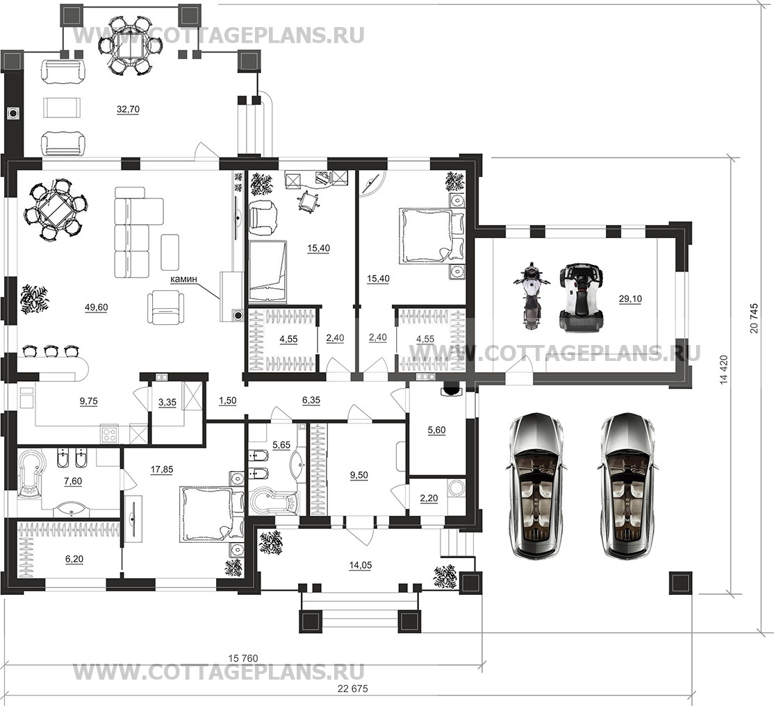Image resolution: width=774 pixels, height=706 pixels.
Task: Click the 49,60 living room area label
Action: pyautogui.click(x=97, y=308)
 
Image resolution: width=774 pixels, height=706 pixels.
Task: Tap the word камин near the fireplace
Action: pyautogui.click(x=183, y=279)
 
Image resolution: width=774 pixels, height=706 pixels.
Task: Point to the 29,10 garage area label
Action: pyautogui.click(x=630, y=299)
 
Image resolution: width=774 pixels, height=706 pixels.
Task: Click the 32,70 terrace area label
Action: pyautogui.click(x=128, y=110)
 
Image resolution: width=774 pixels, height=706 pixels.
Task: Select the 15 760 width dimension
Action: pyautogui.click(x=243, y=658)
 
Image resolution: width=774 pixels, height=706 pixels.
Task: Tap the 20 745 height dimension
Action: pyautogui.click(x=754, y=318)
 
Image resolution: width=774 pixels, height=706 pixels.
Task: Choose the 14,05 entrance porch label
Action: pyautogui.click(x=360, y=565)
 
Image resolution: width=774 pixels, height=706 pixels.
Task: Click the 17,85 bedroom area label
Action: pyautogui.click(x=162, y=470)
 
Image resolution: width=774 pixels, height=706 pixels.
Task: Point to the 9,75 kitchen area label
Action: pyautogui.click(x=89, y=402)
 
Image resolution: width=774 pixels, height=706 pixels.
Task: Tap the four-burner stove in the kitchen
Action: pyautogui.click(x=109, y=434)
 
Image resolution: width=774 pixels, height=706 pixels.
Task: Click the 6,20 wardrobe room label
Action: pyautogui.click(x=74, y=559)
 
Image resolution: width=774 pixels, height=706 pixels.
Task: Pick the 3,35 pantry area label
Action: pyautogui.click(x=167, y=402)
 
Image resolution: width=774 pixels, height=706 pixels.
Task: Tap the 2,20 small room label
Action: pyautogui.click(x=429, y=498)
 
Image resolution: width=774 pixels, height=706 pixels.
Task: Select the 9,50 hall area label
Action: pyautogui.click(x=359, y=476)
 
